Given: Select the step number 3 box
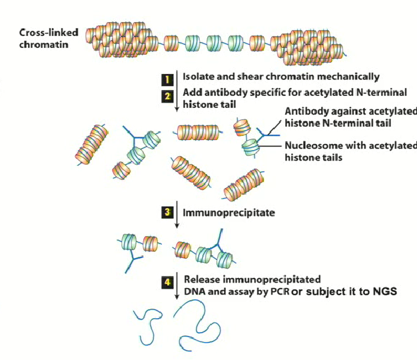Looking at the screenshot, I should (x=169, y=213).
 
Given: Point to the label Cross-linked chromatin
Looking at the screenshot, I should (x=47, y=39).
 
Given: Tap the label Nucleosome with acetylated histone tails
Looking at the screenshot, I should (x=350, y=151).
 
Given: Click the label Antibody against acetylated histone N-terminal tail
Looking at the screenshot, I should (x=350, y=117).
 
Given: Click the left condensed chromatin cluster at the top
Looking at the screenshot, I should (x=123, y=40).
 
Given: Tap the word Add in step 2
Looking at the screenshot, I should (x=193, y=93).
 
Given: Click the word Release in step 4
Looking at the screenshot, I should (x=202, y=279).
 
